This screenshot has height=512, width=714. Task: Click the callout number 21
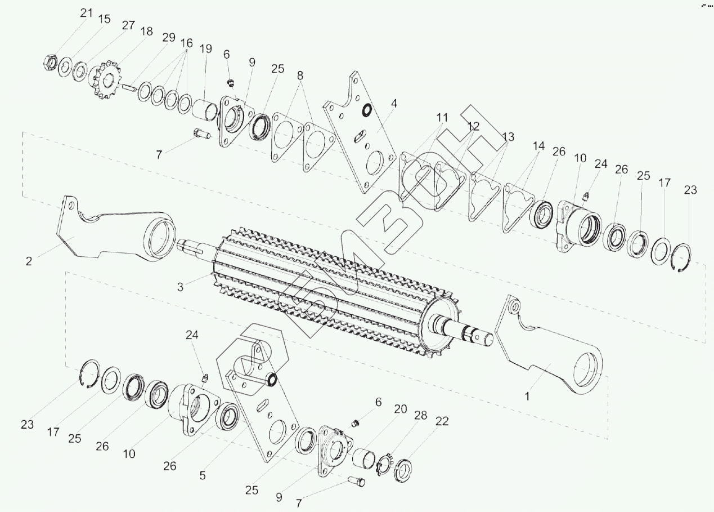pyautogui.click(x=86, y=13)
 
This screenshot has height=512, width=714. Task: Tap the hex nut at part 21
pyautogui.click(x=50, y=62)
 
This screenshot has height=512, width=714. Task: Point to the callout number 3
pyautogui.click(x=180, y=286)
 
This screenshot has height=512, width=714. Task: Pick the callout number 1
pyautogui.click(x=527, y=396)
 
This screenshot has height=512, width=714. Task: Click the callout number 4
pyautogui.click(x=394, y=104)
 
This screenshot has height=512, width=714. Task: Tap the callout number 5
pyautogui.click(x=202, y=475)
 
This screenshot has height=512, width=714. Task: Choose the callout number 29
pyautogui.click(x=169, y=37)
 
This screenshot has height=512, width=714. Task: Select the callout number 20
pyautogui.click(x=400, y=409)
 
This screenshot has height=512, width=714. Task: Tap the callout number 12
pyautogui.click(x=473, y=127)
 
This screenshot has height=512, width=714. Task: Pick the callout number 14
pyautogui.click(x=538, y=146)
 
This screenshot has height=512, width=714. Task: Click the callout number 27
pyautogui.click(x=128, y=25)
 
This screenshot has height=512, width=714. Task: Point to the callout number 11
pyautogui.click(x=442, y=118)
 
